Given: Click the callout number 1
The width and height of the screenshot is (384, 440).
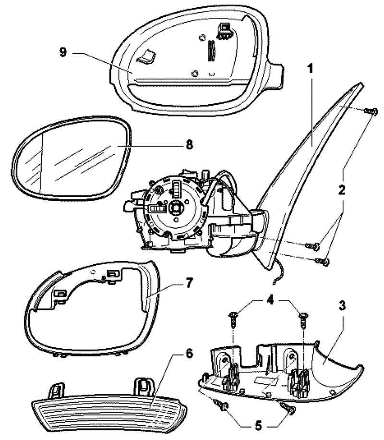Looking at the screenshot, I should [311, 69].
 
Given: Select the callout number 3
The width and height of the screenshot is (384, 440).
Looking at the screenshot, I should [342, 306].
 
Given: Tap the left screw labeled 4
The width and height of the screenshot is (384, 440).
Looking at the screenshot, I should [234, 316].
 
